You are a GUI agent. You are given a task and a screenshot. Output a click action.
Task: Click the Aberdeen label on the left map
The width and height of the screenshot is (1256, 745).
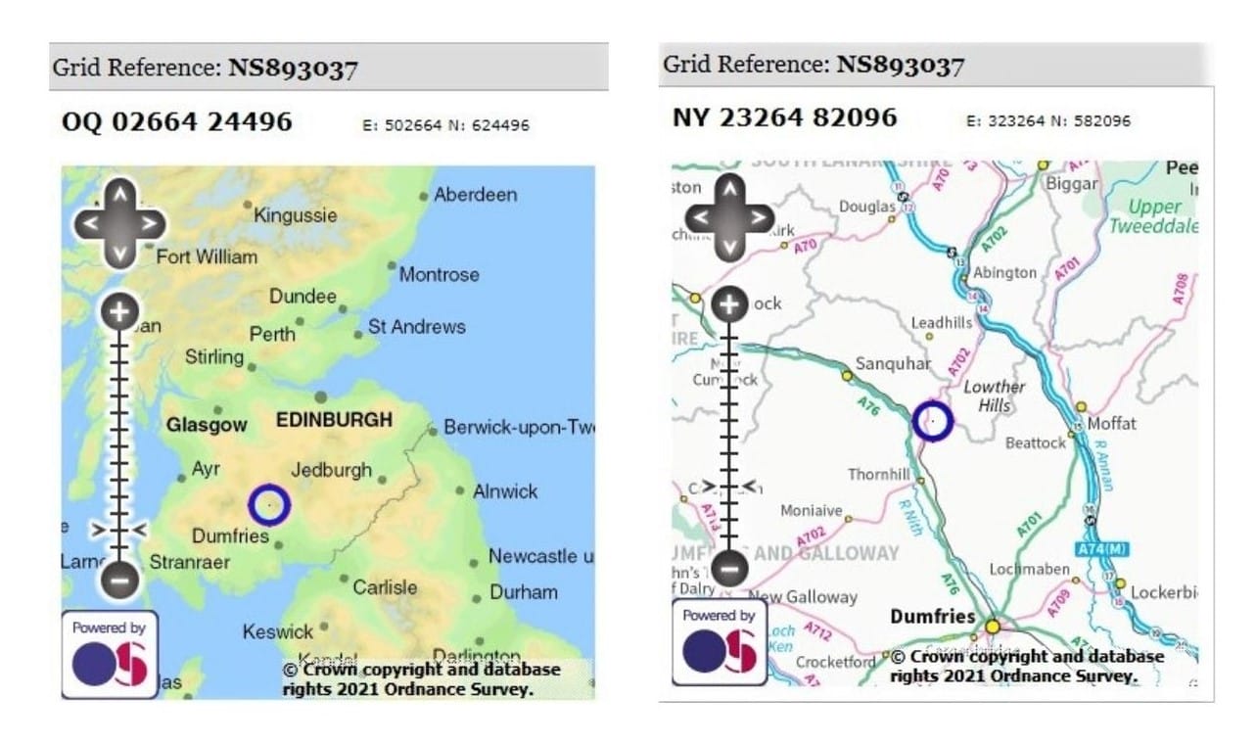tap(475, 195)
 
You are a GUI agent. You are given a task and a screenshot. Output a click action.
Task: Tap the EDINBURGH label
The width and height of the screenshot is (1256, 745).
tap(334, 421)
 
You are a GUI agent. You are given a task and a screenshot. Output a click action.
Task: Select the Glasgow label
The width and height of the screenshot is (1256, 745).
tap(206, 426)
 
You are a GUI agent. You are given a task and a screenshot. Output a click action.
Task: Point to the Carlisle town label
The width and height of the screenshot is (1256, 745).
tap(385, 587)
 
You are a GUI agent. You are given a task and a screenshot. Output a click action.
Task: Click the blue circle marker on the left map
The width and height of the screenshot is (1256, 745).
tap(269, 505)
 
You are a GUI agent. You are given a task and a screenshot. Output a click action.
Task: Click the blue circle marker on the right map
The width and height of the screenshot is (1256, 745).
tap(932, 420)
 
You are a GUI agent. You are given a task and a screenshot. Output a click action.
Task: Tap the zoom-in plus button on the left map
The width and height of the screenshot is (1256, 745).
tap(119, 312)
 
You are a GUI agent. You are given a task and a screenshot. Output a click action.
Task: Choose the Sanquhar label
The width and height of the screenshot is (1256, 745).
tap(893, 364)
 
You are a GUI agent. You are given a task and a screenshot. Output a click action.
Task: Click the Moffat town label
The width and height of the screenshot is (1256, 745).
tap(1112, 424)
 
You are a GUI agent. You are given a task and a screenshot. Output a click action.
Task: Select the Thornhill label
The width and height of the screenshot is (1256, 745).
tap(879, 475)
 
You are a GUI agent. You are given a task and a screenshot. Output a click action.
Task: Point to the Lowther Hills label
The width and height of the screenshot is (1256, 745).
tap(994, 396)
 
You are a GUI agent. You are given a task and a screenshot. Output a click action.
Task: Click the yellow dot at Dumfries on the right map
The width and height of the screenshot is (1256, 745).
tap(993, 626)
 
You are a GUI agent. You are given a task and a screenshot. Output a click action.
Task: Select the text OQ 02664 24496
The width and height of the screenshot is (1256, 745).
tap(177, 121)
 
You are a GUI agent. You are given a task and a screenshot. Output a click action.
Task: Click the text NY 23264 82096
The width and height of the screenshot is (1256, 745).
tap(784, 117)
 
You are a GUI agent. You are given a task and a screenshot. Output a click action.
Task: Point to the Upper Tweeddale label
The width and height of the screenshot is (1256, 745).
tap(1154, 216)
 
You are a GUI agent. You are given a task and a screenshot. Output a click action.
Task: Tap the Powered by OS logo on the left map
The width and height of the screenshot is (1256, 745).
tap(110, 655)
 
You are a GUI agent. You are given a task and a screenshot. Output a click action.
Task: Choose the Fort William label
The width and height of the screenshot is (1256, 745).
tap(208, 257)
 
